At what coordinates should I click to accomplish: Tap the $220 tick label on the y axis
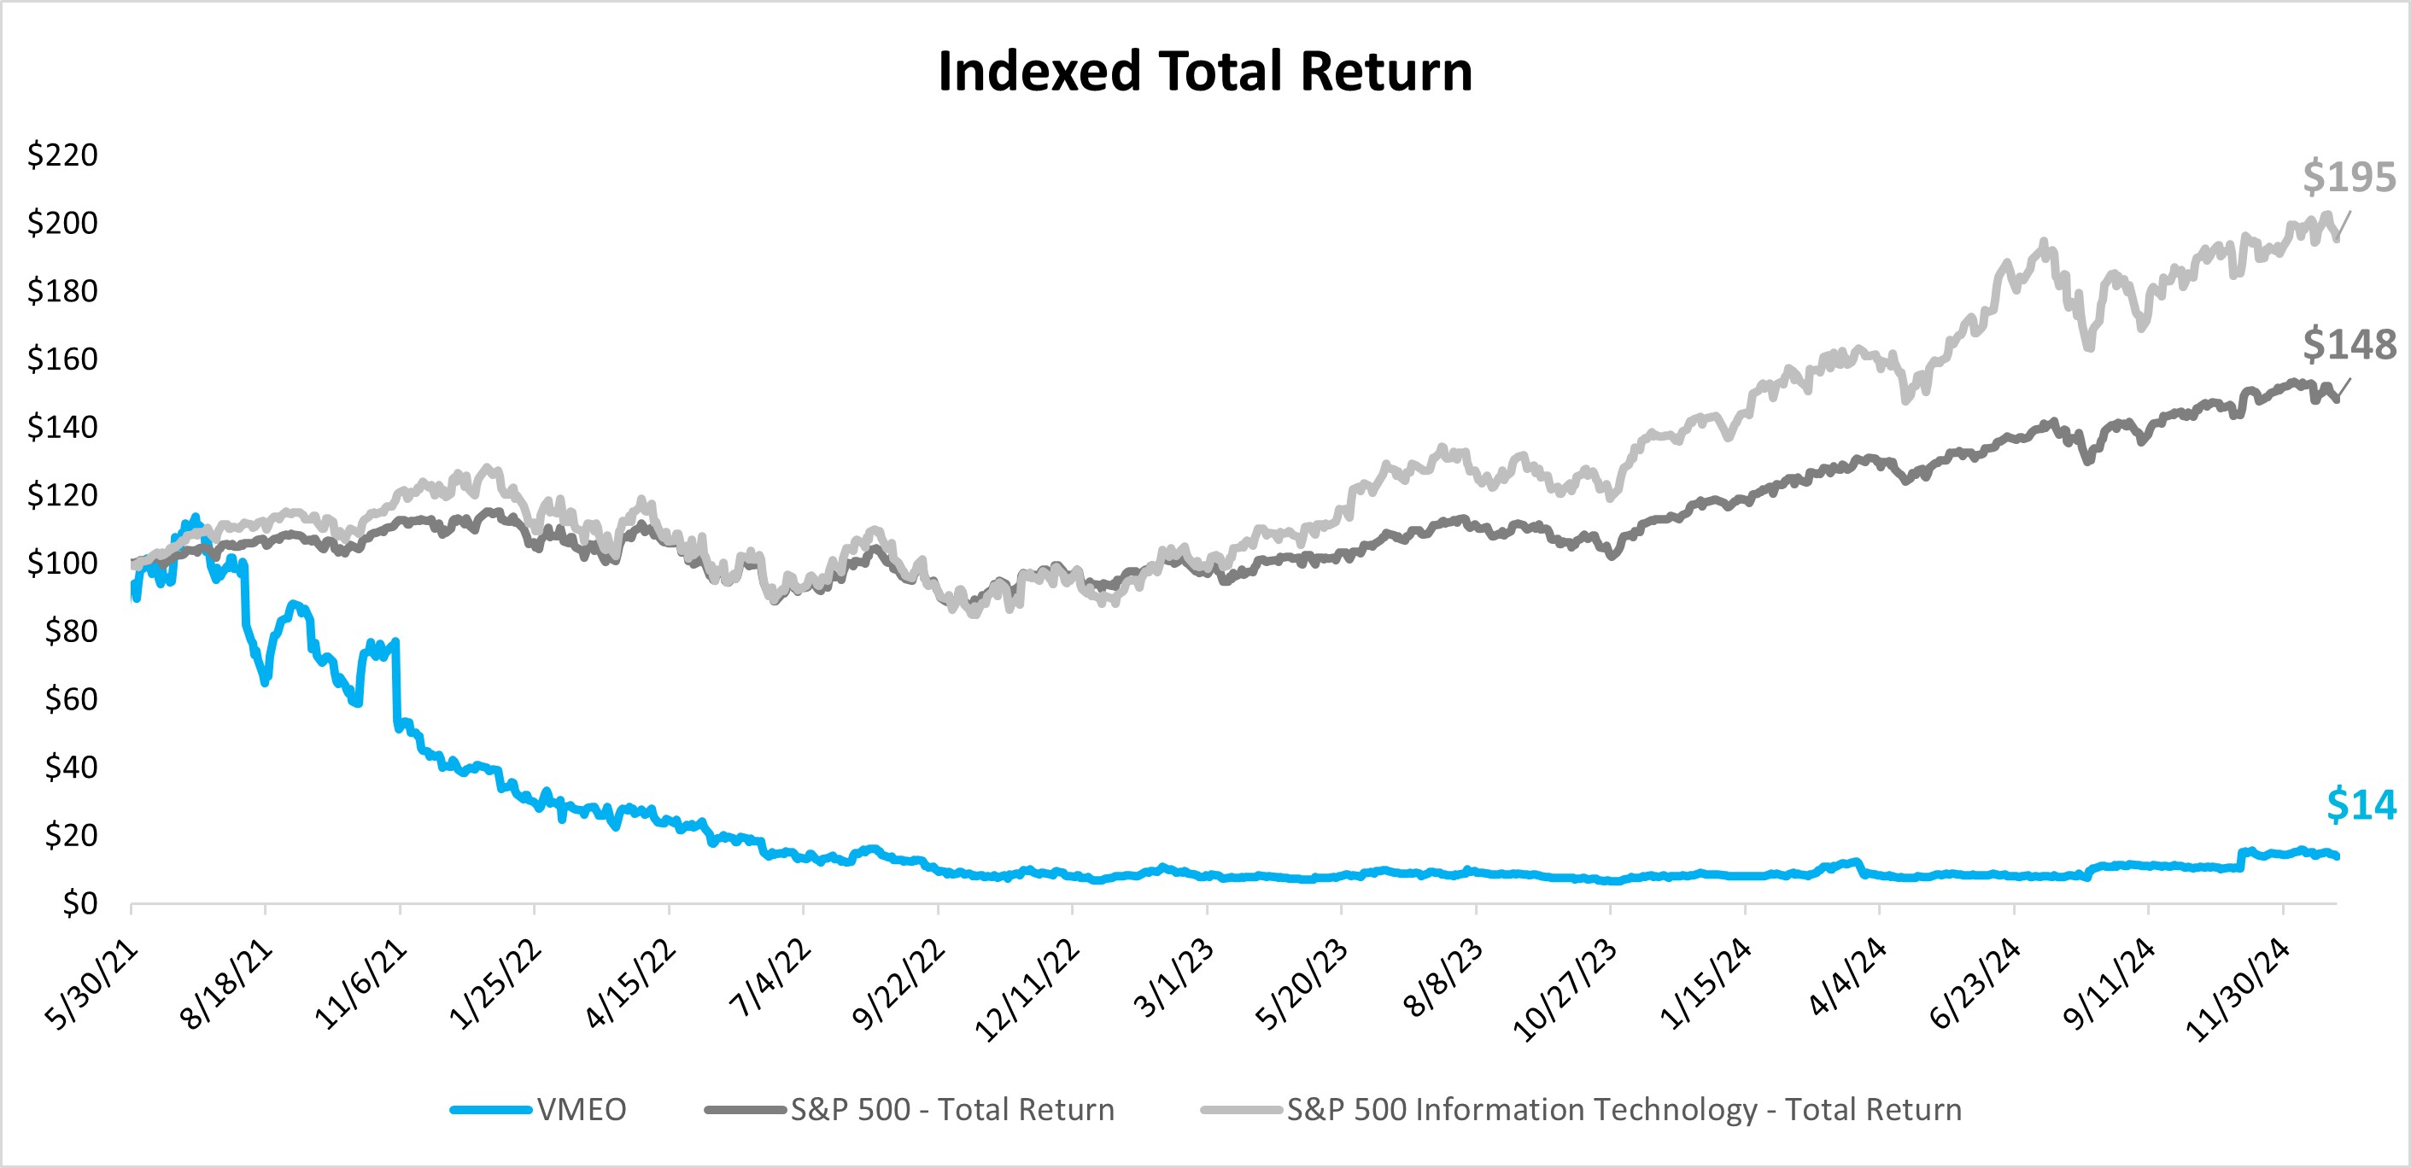[62, 155]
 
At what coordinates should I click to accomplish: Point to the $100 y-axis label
[62, 563]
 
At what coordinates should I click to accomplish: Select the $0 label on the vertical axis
[79, 903]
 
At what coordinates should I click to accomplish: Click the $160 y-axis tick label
[62, 359]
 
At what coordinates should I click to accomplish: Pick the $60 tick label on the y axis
[71, 698]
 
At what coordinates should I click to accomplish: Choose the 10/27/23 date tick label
[1565, 990]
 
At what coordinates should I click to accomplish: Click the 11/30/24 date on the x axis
[2238, 990]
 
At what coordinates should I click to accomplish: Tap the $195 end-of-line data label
[2349, 177]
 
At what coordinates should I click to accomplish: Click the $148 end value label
[2349, 344]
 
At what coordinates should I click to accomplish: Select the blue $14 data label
[2361, 805]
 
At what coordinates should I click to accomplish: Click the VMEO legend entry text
[582, 1110]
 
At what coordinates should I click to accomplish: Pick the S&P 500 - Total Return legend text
[952, 1110]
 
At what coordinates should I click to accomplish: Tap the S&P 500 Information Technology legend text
[1624, 1110]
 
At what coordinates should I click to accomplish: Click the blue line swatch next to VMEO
[490, 1110]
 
